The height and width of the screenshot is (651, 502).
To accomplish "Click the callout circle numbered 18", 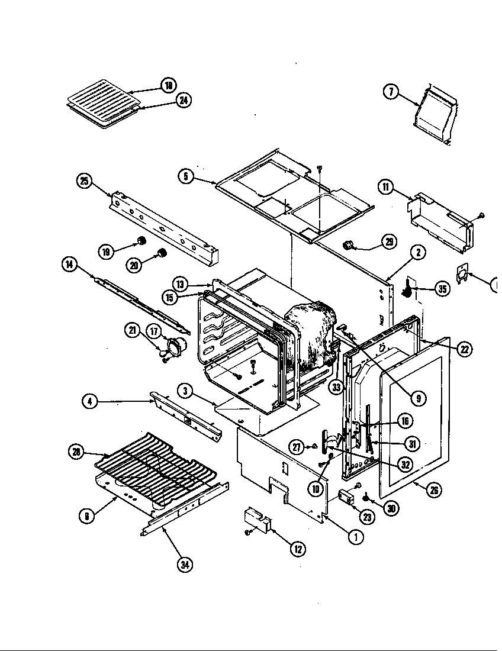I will [x=168, y=86].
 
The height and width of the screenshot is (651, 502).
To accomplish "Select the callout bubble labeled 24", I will [x=184, y=101].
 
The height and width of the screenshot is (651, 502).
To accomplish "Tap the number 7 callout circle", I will [x=391, y=92].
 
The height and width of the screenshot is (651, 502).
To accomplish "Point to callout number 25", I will [x=84, y=181].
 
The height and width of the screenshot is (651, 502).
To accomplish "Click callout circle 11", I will [x=386, y=188].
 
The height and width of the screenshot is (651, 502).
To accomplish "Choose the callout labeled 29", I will [x=389, y=241].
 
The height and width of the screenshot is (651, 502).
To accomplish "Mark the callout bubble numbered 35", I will [x=442, y=289].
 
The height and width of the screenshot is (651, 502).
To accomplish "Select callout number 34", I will [x=185, y=564].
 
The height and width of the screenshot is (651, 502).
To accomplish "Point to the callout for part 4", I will [x=89, y=401].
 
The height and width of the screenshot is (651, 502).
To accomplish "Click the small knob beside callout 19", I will [x=142, y=240].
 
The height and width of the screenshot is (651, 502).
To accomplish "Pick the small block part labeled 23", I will [x=346, y=497].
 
